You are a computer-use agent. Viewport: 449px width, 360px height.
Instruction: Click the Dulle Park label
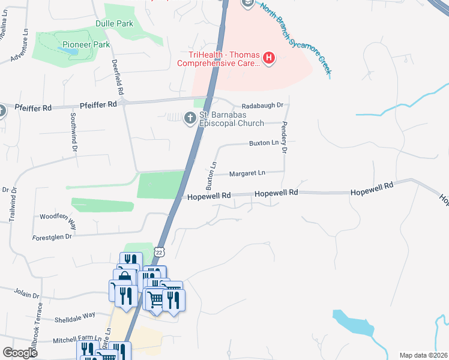pos(114,24)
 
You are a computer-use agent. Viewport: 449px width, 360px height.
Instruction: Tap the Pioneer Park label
pos(86,45)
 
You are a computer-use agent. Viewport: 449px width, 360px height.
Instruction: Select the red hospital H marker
pos(269,58)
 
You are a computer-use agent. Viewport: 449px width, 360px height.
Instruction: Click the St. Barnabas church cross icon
pos(190,118)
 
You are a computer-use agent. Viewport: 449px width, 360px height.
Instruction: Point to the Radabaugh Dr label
pos(262,106)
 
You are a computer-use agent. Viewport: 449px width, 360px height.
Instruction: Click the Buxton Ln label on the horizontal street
pos(264,143)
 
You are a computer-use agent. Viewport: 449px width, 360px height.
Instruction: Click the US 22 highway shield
pos(159,253)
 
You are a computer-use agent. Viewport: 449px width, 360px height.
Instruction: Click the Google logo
pos(20,353)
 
